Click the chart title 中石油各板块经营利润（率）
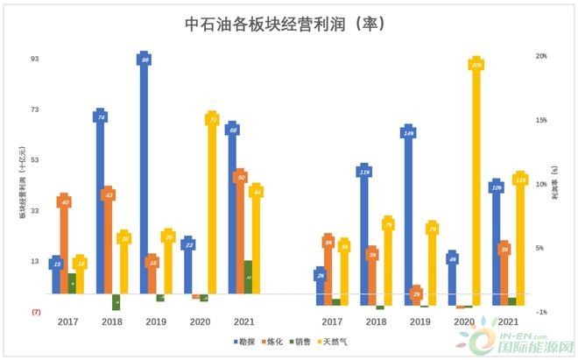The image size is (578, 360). pos(286,24)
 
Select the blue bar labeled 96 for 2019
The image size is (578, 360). pos(144,175)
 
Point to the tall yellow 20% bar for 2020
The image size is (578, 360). pos(476,184)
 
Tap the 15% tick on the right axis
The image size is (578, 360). pos(541,120)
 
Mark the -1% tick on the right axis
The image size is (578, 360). pos(541,312)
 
